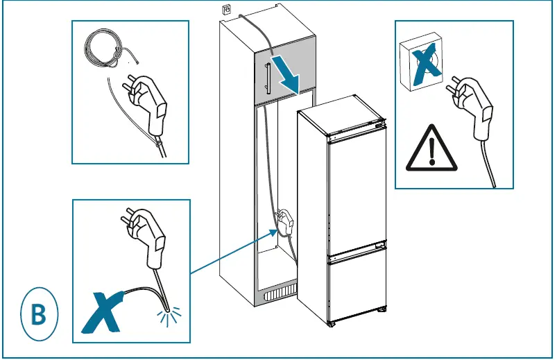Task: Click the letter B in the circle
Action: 39,314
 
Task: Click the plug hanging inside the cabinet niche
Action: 285,222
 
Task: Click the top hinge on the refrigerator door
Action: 377,127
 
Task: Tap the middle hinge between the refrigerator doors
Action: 379,246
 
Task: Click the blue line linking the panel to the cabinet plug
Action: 232,252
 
